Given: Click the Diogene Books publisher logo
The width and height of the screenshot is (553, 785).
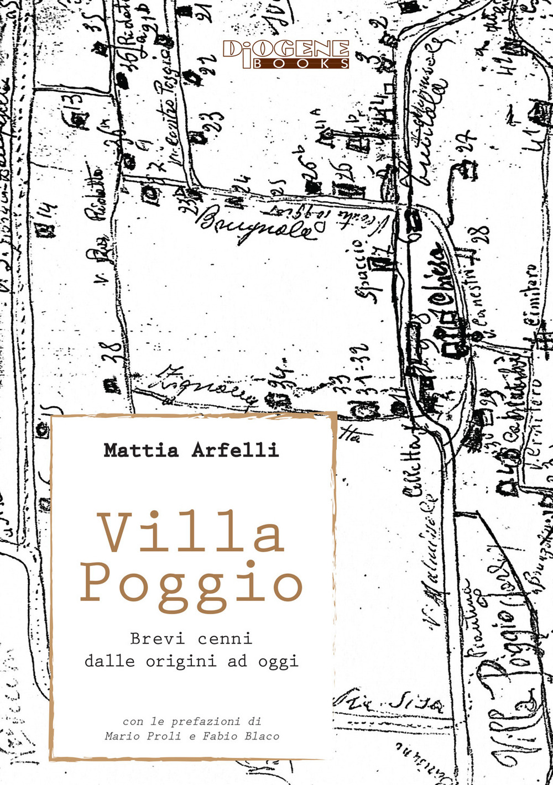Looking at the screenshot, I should point(286,54).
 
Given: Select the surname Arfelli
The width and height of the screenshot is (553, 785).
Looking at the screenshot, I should point(235,450).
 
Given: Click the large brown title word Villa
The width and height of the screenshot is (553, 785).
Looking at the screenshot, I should point(192,534).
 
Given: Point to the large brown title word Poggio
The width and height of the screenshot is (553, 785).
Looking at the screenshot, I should point(192,583).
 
